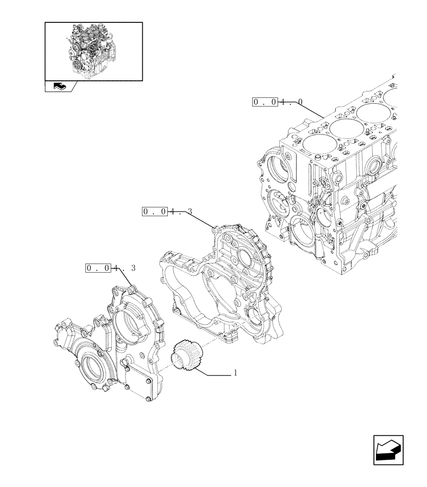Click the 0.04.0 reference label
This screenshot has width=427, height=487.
(x=277, y=102)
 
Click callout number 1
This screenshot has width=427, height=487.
(x=235, y=373)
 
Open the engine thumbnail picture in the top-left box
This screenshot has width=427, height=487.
(x=94, y=51)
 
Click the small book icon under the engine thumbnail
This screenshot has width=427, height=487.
(x=59, y=87)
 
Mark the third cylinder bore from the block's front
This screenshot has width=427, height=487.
(x=373, y=115)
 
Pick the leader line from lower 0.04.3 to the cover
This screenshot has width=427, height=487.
(x=124, y=278)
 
